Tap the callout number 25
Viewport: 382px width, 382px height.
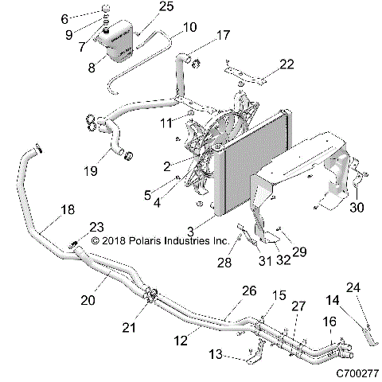[x=166, y=7]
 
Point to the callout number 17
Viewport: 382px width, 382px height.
[x=223, y=35]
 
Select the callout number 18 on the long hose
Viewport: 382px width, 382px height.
[x=70, y=210]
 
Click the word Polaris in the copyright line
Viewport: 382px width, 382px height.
[x=147, y=239]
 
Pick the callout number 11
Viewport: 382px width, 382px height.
[x=166, y=123]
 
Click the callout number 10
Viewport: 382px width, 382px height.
[x=189, y=28]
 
